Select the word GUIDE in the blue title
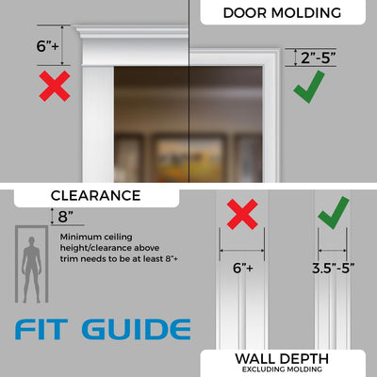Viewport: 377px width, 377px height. (x=133, y=330)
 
